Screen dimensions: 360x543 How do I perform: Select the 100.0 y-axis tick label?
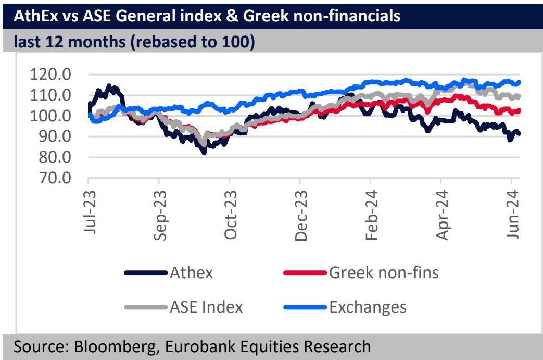53,116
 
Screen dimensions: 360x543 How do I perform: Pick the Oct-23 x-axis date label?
230,213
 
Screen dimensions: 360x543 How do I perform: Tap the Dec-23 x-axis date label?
300,213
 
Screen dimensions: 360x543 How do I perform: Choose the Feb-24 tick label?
371,213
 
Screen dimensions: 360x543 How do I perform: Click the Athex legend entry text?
191,272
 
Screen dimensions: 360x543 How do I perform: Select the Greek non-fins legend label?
384,272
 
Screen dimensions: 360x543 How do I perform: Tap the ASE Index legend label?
206,307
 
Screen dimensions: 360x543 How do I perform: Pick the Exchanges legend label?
368,307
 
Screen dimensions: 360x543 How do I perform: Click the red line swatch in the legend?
305,273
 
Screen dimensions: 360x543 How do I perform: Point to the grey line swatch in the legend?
146,307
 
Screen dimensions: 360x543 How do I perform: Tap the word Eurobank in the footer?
214,346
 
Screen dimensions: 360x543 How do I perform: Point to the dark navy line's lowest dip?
204,153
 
